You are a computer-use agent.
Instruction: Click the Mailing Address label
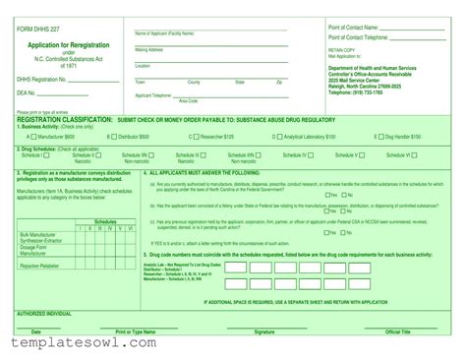click(148, 49)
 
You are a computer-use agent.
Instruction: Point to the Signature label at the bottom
click(264, 332)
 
